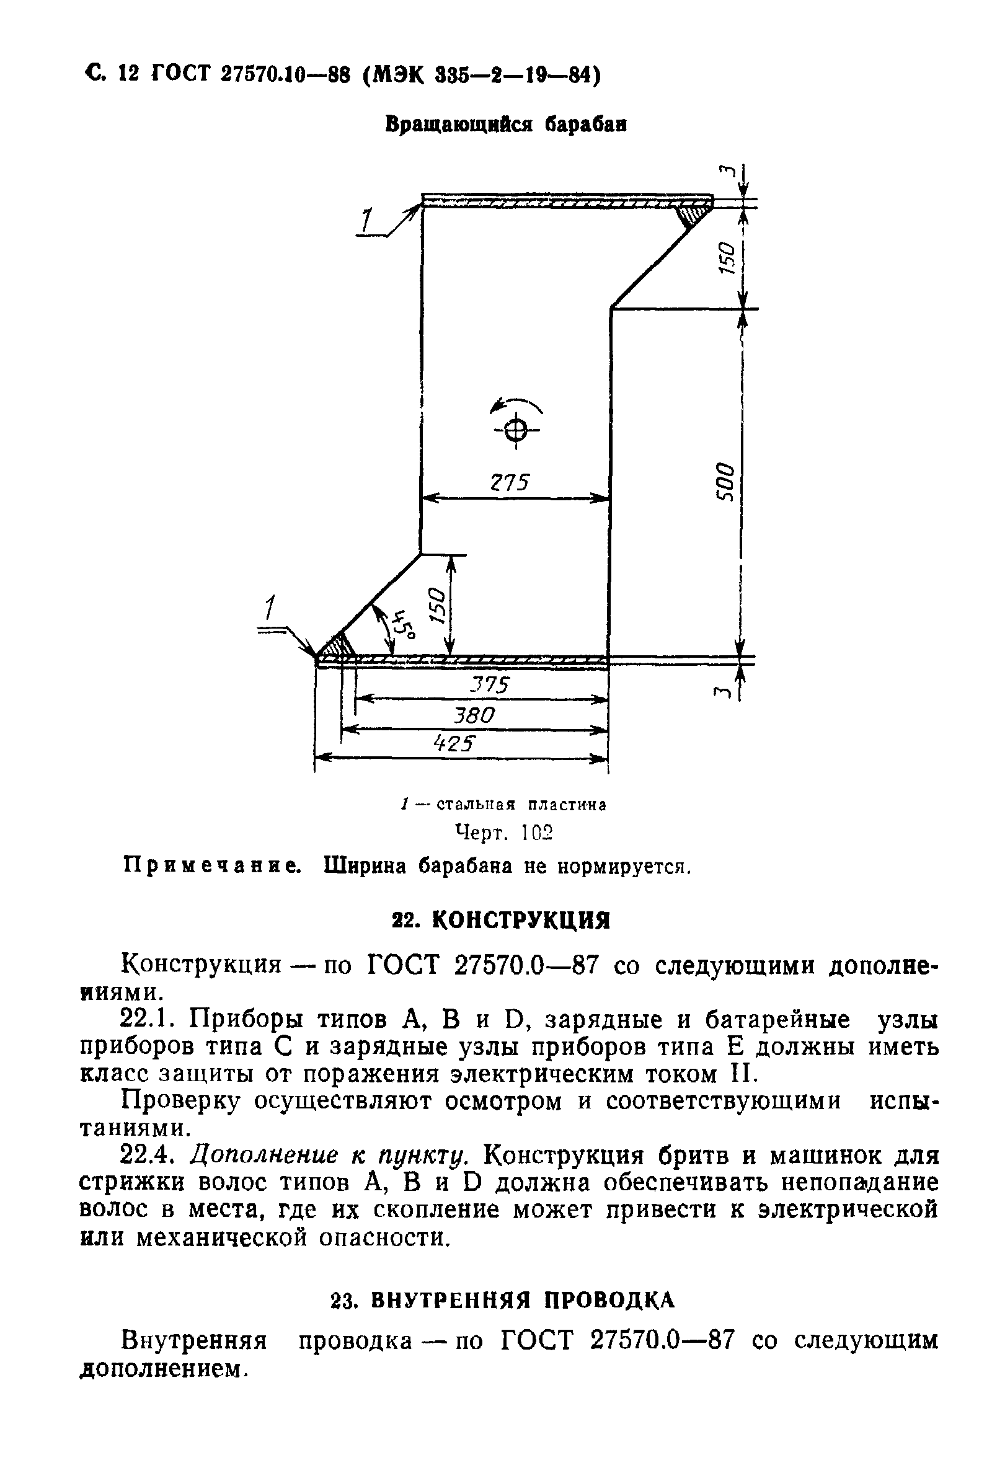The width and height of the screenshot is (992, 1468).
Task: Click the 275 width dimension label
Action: (x=509, y=482)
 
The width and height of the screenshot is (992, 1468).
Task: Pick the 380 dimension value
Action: (x=474, y=715)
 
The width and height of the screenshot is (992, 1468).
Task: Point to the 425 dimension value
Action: (x=453, y=744)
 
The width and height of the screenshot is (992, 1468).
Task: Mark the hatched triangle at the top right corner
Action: (x=693, y=213)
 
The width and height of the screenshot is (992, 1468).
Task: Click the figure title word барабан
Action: (x=586, y=125)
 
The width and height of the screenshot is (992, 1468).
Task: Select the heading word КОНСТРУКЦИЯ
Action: (x=521, y=921)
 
